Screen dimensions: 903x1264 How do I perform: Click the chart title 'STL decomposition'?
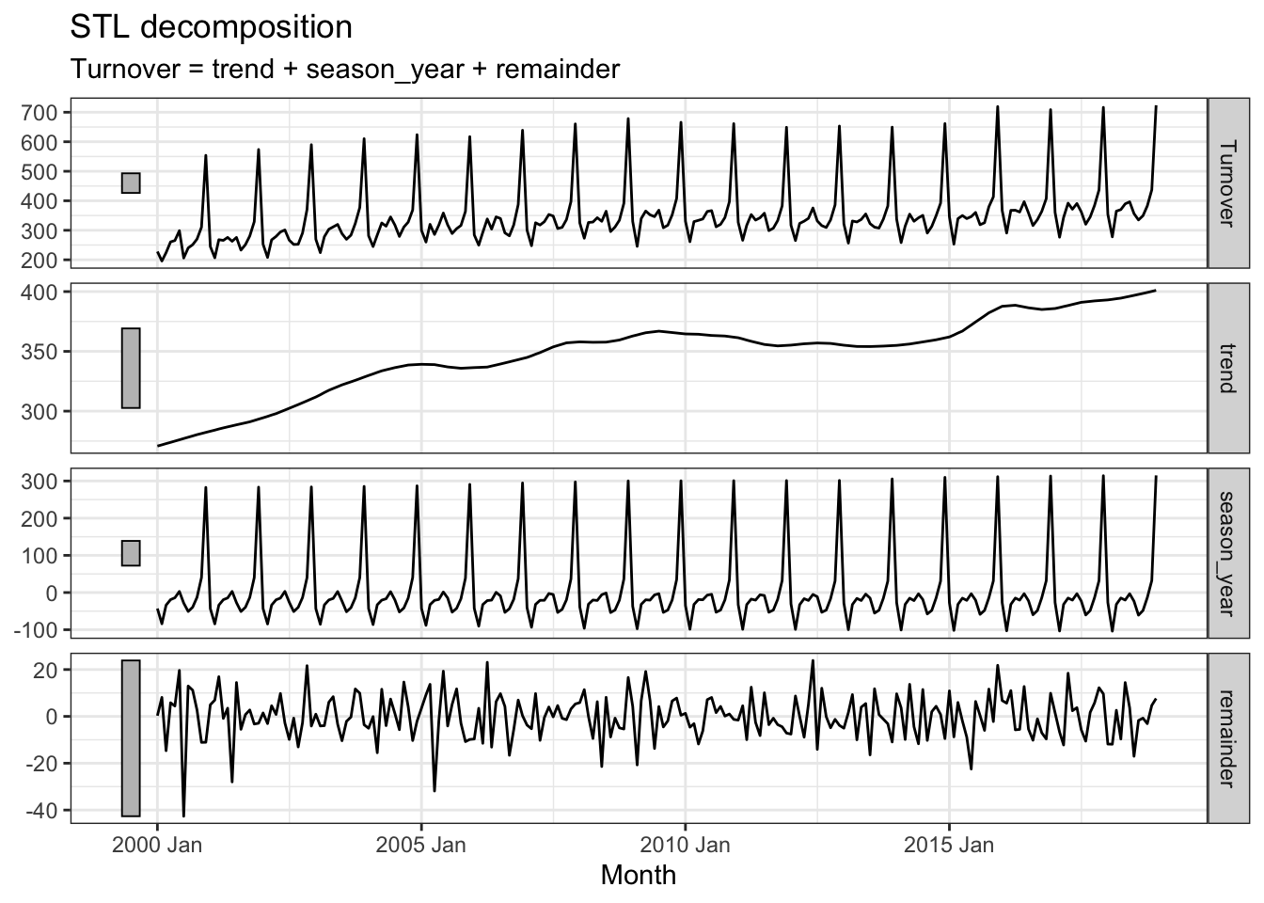tap(212, 27)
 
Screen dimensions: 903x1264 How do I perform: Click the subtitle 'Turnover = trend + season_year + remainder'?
tap(345, 70)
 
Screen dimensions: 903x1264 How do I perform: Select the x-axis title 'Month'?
tap(638, 876)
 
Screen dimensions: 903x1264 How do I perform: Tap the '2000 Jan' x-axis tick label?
tap(157, 844)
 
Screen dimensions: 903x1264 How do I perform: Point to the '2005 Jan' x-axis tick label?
tap(421, 844)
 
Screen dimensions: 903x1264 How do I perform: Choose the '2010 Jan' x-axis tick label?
tap(686, 844)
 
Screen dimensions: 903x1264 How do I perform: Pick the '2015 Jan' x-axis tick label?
tap(950, 844)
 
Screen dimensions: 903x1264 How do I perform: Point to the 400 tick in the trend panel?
tap(45, 293)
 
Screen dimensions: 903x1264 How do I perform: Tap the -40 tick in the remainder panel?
tap(47, 810)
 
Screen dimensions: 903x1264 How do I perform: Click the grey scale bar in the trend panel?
tap(131, 368)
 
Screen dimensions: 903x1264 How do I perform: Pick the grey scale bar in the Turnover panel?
tap(131, 182)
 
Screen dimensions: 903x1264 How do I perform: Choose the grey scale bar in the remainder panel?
tap(131, 738)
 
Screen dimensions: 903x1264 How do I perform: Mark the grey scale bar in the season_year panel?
tap(131, 553)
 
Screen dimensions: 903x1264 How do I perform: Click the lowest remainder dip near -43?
tap(183, 816)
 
